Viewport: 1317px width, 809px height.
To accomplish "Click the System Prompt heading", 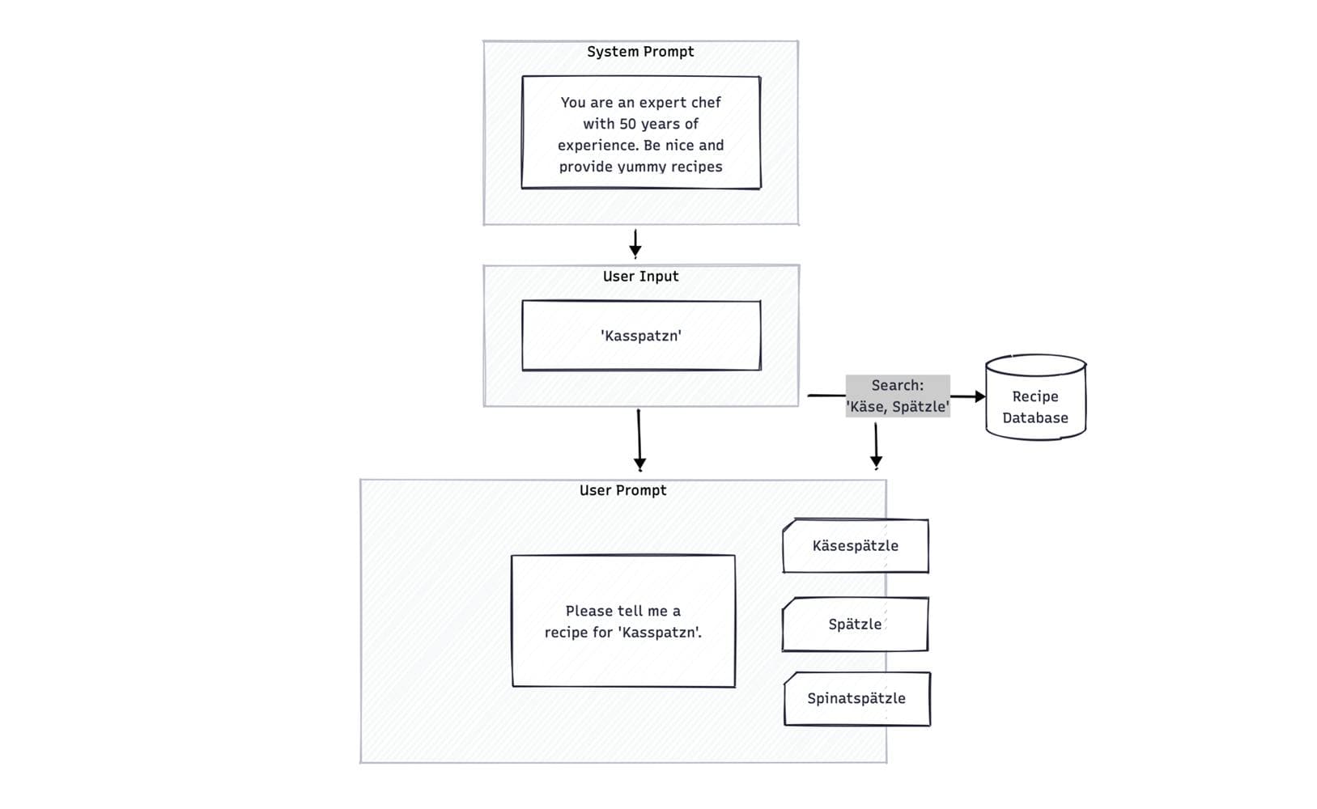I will pyautogui.click(x=640, y=52).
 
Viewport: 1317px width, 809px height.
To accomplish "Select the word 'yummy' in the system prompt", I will pyautogui.click(x=642, y=167).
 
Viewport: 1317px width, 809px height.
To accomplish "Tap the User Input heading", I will pyautogui.click(x=640, y=277).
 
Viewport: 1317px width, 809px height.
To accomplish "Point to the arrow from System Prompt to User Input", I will pyautogui.click(x=635, y=243).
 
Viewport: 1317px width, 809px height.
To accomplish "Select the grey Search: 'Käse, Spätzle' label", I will pyautogui.click(x=897, y=396).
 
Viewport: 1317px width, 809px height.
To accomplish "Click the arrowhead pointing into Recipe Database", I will pyautogui.click(x=979, y=396).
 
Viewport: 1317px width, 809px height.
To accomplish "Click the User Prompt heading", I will pyautogui.click(x=622, y=490).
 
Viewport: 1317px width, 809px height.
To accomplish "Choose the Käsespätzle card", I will pyautogui.click(x=855, y=546).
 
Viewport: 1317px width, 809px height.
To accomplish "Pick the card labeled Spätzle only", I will pyautogui.click(x=855, y=625).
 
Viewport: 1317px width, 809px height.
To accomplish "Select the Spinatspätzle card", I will pyautogui.click(x=856, y=698).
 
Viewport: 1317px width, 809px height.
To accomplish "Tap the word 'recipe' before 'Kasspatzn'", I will pyautogui.click(x=567, y=633).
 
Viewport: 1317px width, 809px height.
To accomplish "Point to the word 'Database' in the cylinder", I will pyautogui.click(x=1034, y=418).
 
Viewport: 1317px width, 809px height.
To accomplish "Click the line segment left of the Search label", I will pyautogui.click(x=826, y=396).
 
